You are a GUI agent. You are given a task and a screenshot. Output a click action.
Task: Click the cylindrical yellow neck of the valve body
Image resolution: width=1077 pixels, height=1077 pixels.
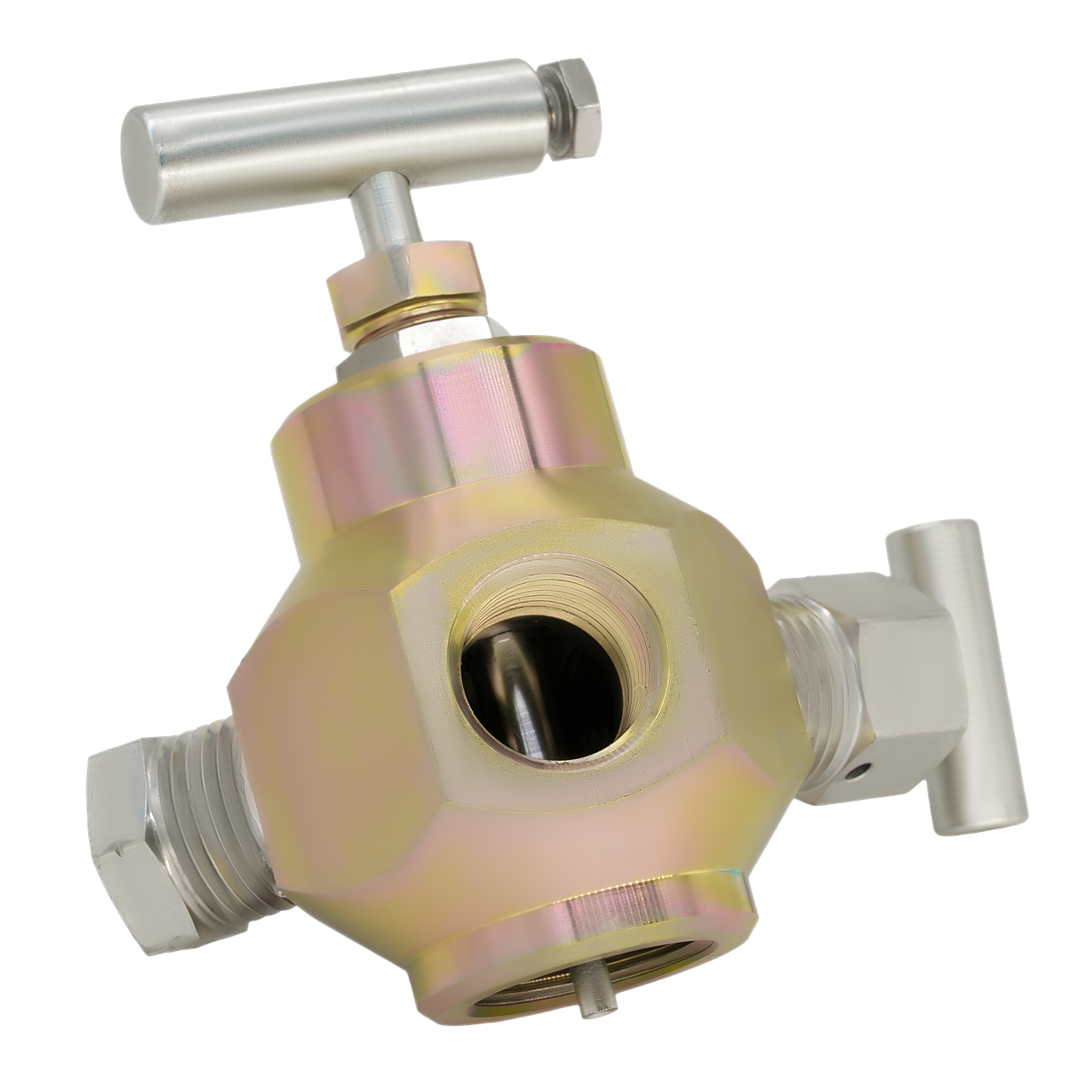[x=442, y=408]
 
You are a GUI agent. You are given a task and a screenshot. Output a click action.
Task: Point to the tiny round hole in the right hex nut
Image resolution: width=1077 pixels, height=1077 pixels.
[x=860, y=772]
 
